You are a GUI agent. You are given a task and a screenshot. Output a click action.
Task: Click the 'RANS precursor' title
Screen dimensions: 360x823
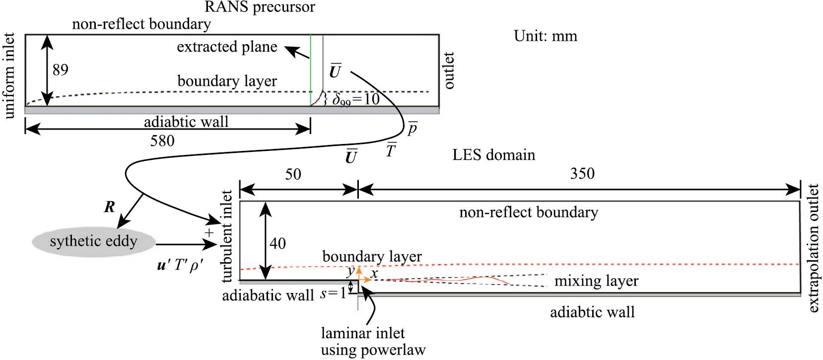[x=260, y=7]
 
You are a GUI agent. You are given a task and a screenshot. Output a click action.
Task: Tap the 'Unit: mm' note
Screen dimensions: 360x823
[x=546, y=36]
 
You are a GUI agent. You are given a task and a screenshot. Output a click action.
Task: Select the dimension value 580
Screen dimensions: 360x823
[x=162, y=141]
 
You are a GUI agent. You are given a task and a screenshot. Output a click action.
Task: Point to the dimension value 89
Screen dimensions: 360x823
[x=60, y=70]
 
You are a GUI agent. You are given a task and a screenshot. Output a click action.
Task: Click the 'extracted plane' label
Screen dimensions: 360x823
[x=227, y=47]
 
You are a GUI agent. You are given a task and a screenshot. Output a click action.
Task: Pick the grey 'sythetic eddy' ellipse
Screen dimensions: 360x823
[x=93, y=242]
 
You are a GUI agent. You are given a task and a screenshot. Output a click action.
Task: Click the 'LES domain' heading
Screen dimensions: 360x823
[x=493, y=155]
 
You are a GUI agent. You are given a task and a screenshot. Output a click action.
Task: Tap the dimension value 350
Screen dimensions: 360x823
[x=582, y=173]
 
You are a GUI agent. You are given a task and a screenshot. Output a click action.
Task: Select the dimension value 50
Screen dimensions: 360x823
[x=293, y=174]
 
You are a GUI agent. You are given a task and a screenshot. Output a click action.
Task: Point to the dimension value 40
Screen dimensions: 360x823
[x=277, y=243]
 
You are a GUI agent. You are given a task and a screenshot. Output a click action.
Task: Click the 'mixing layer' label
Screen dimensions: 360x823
[x=596, y=281]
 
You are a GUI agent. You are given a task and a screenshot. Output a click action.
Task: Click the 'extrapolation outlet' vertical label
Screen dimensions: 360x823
[x=814, y=248]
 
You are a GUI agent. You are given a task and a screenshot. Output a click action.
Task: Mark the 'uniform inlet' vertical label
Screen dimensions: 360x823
[x=10, y=76]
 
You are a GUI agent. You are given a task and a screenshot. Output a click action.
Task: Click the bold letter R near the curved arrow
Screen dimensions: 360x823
[x=110, y=207]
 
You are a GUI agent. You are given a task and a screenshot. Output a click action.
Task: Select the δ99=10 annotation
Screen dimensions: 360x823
[x=355, y=100]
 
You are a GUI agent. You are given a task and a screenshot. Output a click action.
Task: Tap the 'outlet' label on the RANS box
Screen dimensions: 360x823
[x=449, y=71]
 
